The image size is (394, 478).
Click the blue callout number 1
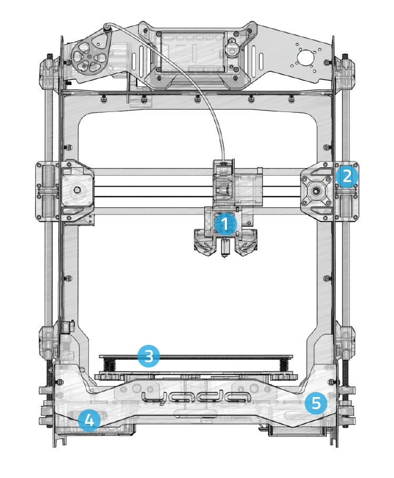225,225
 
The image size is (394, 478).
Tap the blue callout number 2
347,176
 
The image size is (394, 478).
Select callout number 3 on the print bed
149,356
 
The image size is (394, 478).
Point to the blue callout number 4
89,420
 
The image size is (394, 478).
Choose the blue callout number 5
316,403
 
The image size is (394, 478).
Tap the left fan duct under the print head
203,245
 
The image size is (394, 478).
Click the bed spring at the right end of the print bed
284,363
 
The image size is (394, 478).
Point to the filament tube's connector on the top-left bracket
108,26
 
